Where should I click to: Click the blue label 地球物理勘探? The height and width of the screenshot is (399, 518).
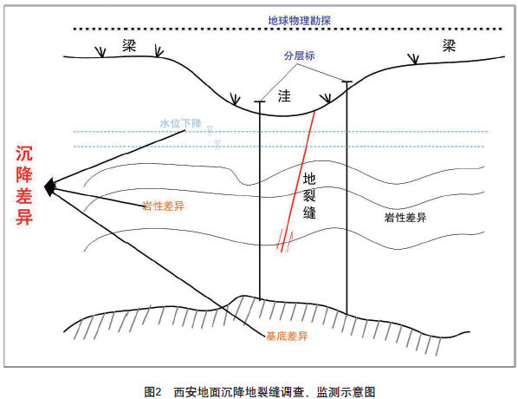[x=300, y=21]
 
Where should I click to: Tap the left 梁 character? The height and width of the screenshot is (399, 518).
[x=129, y=45]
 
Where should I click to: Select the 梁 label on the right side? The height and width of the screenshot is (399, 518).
[x=450, y=45]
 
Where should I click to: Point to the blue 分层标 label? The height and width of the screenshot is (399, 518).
[x=300, y=56]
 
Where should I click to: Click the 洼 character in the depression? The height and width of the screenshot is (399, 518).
[x=284, y=96]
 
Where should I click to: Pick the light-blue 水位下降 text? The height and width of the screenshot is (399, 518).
[x=181, y=123]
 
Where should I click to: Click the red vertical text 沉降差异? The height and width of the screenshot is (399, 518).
[x=24, y=186]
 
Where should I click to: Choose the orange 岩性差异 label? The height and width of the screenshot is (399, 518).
[x=164, y=206]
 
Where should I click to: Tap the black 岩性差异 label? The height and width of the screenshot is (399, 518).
[x=405, y=218]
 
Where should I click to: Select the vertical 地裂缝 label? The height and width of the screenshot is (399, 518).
[x=309, y=195]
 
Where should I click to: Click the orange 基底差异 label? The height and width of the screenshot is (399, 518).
[x=287, y=337]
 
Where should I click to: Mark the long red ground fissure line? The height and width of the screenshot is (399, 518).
[x=298, y=181]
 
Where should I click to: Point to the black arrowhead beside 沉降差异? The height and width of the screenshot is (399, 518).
[x=49, y=187]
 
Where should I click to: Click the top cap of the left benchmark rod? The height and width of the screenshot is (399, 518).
[x=260, y=101]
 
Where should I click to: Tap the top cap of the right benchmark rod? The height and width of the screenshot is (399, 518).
[x=346, y=82]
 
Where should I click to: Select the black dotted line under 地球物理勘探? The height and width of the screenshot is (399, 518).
[x=288, y=29]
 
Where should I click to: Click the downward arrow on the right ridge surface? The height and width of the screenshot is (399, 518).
[x=413, y=59]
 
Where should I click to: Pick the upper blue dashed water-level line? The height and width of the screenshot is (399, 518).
[x=280, y=132]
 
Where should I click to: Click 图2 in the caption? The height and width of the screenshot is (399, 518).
[x=152, y=392]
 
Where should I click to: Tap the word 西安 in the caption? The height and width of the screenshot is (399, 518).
[x=185, y=392]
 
